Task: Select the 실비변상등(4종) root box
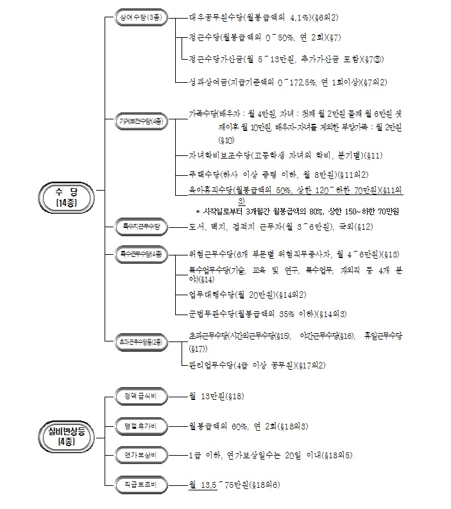(66, 435)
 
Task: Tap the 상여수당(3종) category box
(141, 18)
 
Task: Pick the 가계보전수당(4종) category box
(141, 121)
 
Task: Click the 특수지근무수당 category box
(141, 227)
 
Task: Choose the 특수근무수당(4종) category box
(141, 254)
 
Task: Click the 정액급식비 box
(141, 396)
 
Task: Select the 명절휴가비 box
(141, 426)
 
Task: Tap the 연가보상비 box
(141, 455)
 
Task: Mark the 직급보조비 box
(141, 485)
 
